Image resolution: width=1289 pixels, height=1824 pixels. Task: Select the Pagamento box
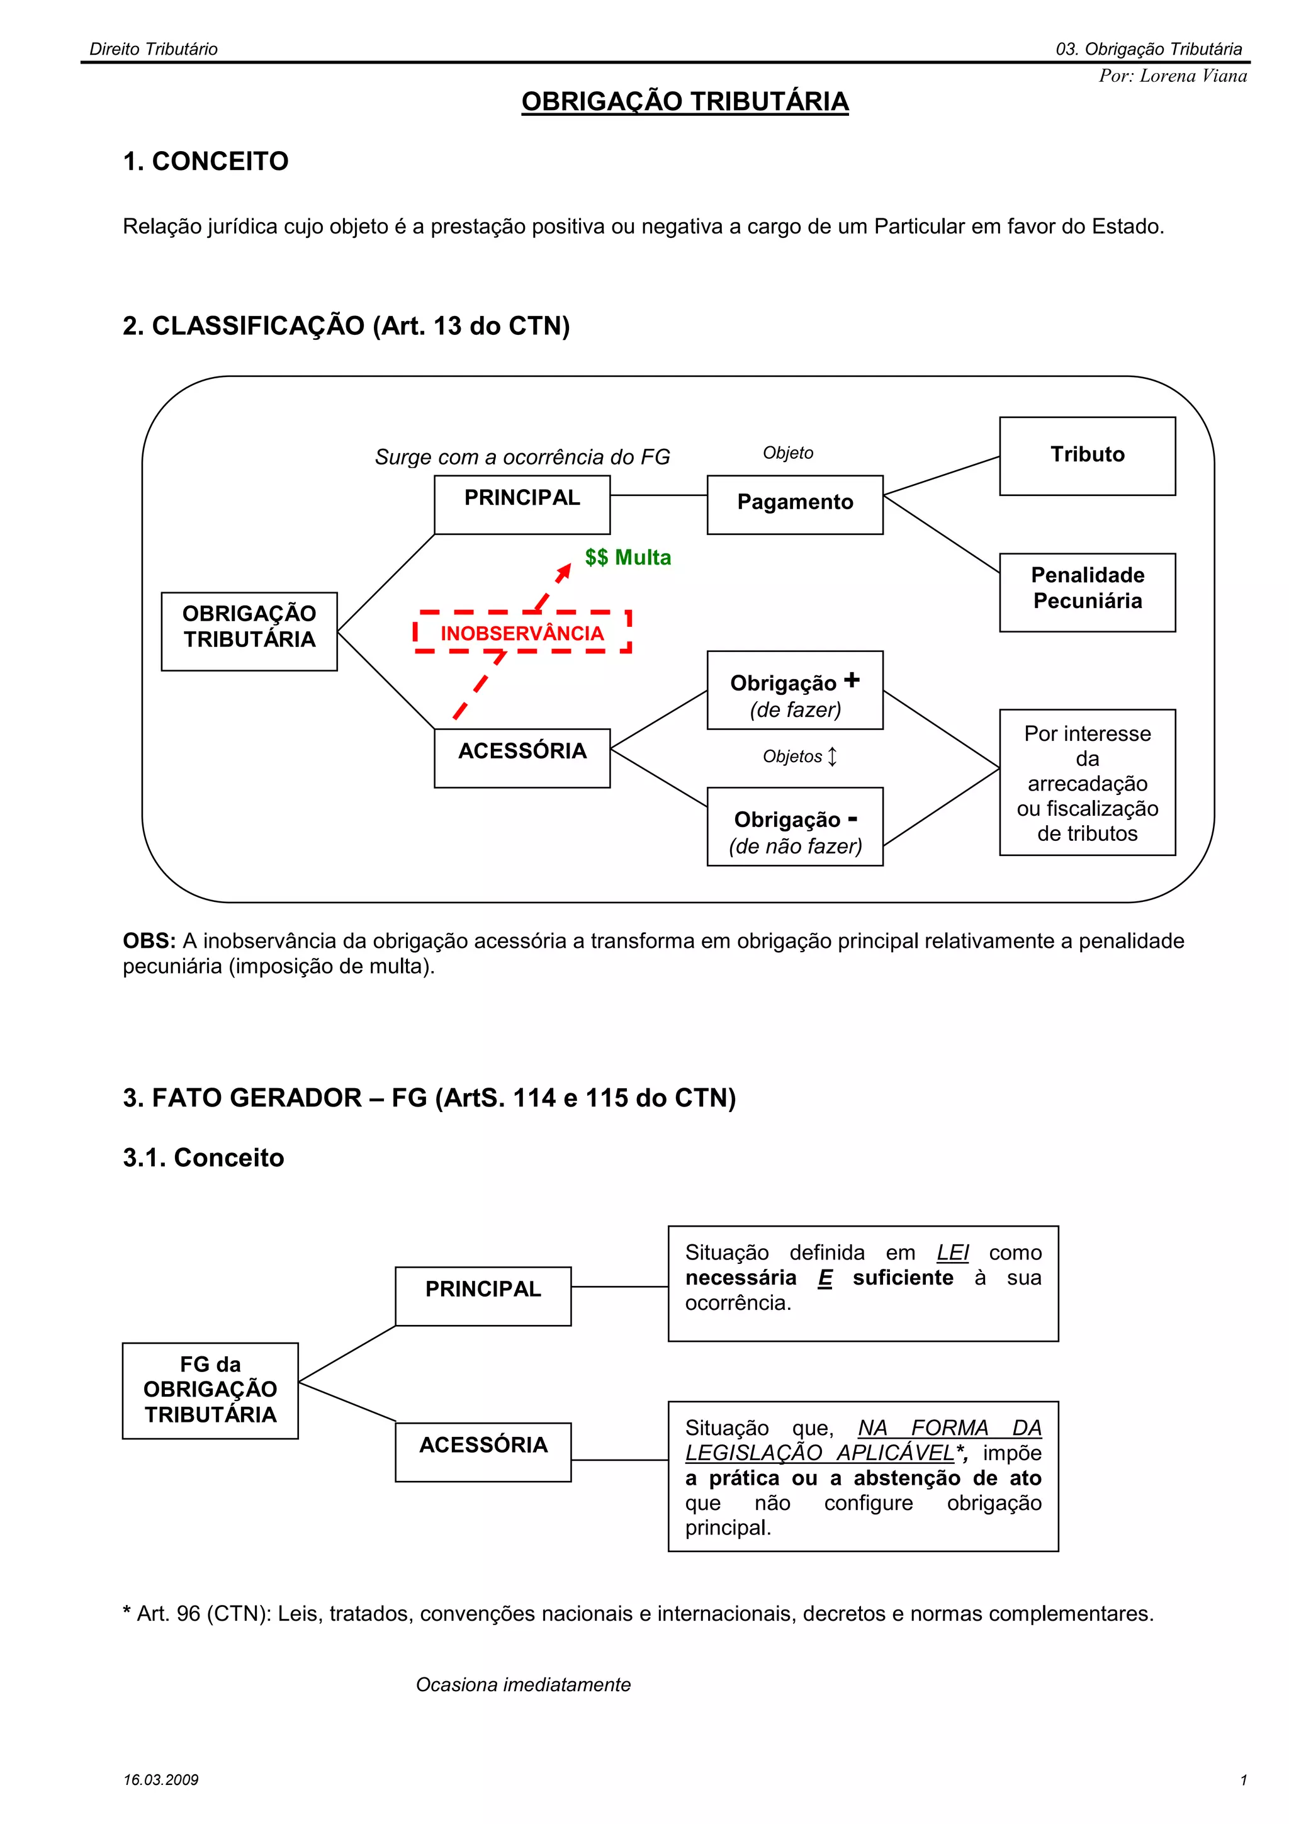tap(794, 504)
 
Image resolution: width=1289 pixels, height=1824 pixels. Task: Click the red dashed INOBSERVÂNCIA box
tap(522, 633)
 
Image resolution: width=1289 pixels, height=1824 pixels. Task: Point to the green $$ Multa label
tap(628, 558)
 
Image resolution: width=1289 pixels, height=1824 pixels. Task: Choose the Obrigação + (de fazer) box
tap(794, 690)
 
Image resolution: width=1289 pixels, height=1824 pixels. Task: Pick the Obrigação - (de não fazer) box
tap(794, 826)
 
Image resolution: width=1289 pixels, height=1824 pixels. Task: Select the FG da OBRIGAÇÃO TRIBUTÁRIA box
tap(210, 1390)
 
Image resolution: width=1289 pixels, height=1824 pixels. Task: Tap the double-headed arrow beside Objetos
tap(832, 757)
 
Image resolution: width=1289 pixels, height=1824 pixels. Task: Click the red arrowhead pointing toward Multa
tap(564, 571)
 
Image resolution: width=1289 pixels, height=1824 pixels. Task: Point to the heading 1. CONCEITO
tap(206, 161)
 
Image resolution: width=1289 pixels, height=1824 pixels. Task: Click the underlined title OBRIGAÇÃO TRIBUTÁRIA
tap(685, 102)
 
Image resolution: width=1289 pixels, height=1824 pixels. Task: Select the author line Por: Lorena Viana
tap(1173, 76)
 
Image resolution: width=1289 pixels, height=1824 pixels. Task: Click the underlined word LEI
tap(952, 1253)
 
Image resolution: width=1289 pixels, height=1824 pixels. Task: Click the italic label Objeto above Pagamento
tap(788, 453)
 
